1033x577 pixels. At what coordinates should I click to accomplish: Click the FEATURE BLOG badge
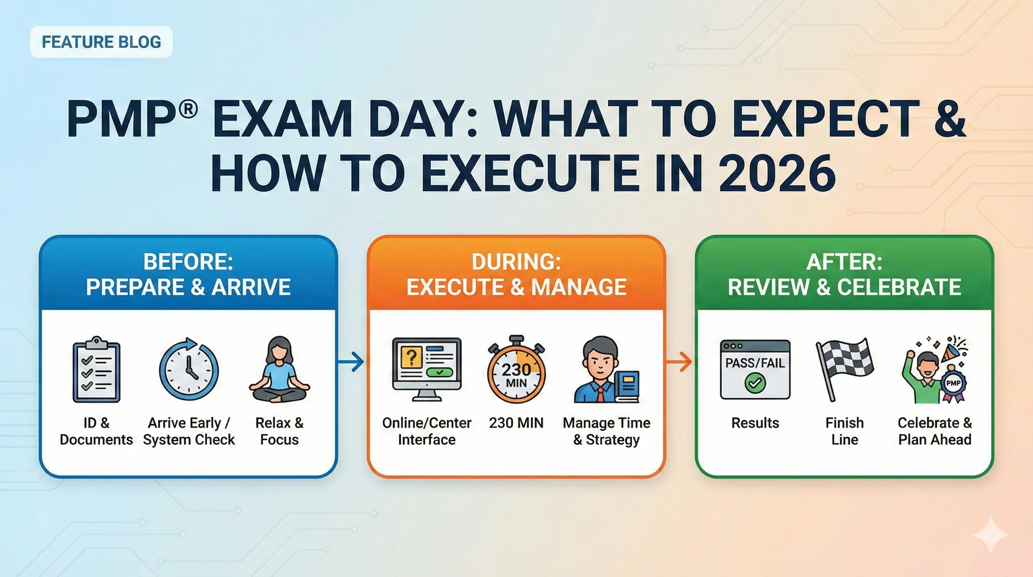pos(101,42)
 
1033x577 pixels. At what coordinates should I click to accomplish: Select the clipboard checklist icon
pos(96,370)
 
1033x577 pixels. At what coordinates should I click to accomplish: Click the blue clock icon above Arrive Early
pos(189,370)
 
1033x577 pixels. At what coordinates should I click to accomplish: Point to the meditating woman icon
pos(280,370)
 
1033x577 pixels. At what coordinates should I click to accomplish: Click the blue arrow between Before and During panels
pos(352,361)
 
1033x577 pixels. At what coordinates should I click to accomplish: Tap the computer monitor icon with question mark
pos(427,370)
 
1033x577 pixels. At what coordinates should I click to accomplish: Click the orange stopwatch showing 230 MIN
pos(516,370)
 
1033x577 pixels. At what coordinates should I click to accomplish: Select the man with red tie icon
pos(601,370)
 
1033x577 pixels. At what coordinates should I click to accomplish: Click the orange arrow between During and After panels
pos(680,361)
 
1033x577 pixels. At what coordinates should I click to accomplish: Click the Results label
pos(755,423)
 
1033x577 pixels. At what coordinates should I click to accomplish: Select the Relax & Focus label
pos(280,431)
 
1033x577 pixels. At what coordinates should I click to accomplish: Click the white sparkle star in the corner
pos(991,535)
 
